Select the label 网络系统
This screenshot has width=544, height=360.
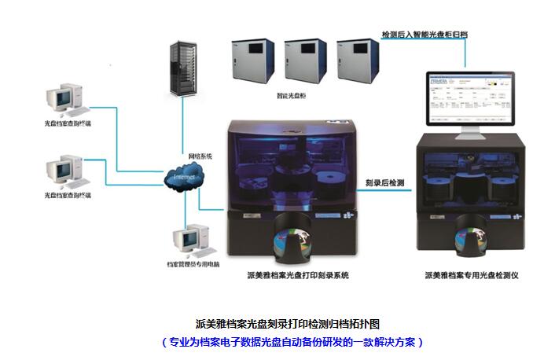pyautogui.click(x=200, y=156)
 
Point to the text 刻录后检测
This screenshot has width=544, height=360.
pyautogui.click(x=385, y=182)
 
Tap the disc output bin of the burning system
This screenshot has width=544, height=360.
pyautogui.click(x=293, y=241)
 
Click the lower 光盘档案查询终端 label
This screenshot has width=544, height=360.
pyautogui.click(x=67, y=194)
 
